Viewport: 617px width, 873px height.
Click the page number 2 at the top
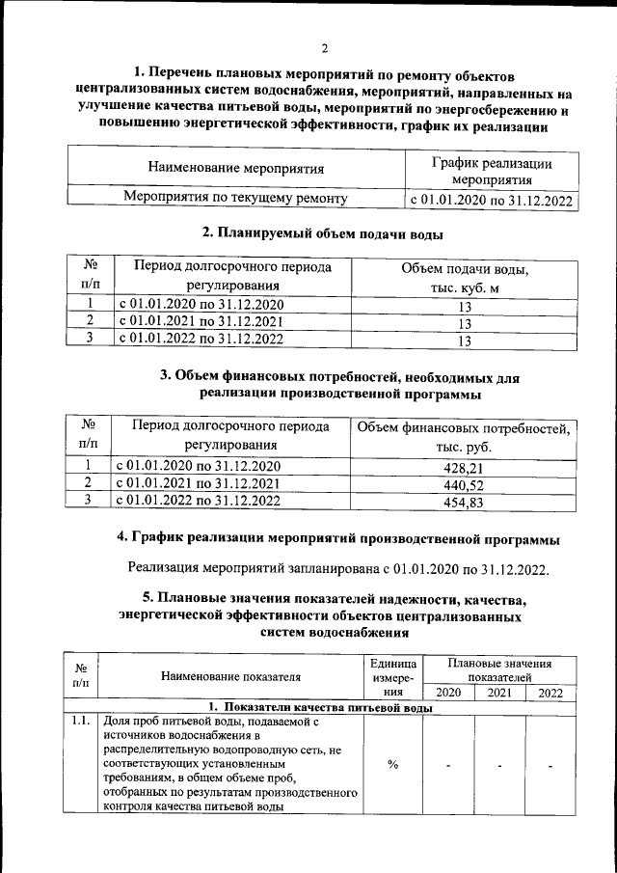325,48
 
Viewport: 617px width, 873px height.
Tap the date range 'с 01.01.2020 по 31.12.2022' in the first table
491,201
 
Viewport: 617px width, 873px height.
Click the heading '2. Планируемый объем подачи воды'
323,232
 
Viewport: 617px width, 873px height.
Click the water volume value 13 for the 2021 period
464,323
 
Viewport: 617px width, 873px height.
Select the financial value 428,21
463,468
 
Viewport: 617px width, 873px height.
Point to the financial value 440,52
463,485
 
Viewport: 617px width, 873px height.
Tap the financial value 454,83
463,502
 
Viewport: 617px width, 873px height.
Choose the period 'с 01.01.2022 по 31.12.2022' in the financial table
200,501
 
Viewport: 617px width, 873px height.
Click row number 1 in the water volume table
89,306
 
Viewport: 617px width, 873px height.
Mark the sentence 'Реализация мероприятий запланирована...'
337,568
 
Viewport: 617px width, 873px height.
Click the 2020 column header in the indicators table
448,693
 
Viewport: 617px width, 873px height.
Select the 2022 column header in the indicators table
550,693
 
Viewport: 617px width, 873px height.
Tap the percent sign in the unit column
393,765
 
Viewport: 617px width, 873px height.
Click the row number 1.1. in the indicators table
81,721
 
